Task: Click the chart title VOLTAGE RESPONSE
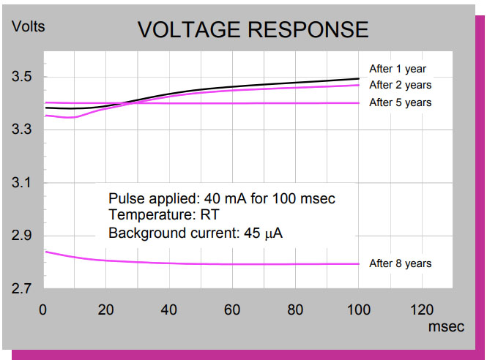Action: coord(253,30)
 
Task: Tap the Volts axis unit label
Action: coord(29,27)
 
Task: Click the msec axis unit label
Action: coord(445,327)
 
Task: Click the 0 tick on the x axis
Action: coord(43,310)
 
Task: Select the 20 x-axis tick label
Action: coord(106,310)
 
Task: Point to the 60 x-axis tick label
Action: coord(233,310)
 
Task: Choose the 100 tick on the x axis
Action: coord(359,310)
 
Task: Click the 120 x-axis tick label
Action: coord(422,310)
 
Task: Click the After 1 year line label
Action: coord(398,70)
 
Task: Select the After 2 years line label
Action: coord(401,86)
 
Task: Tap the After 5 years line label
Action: coord(401,102)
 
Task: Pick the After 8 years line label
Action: coord(401,263)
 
